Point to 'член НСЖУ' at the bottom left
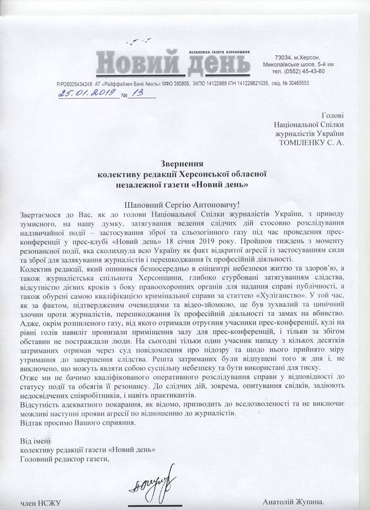pyautogui.click(x=38, y=501)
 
